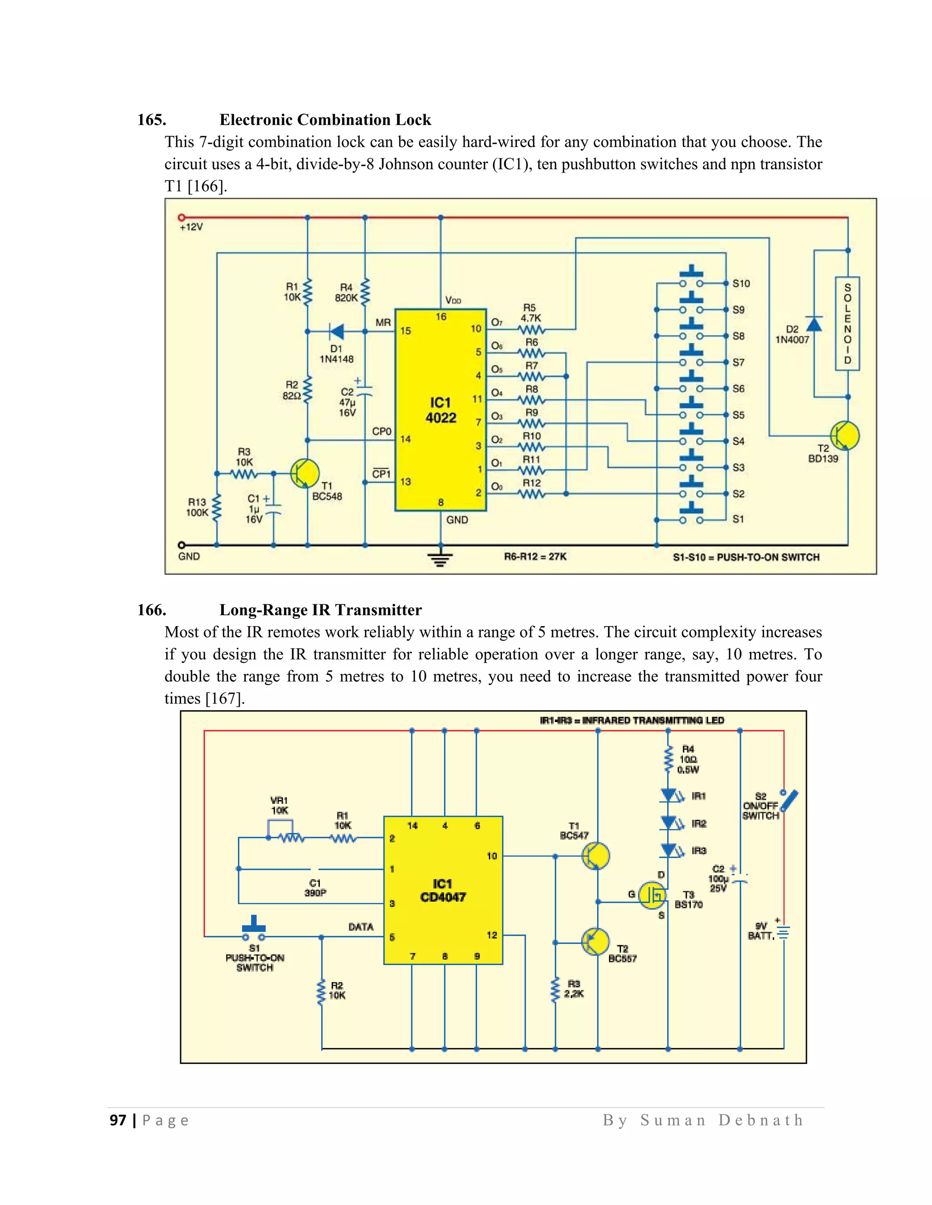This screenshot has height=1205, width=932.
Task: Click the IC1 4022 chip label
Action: (x=441, y=410)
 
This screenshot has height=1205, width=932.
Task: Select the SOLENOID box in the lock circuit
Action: (x=847, y=323)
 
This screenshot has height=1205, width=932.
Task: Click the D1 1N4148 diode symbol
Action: (x=336, y=331)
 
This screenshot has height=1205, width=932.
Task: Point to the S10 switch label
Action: (x=741, y=284)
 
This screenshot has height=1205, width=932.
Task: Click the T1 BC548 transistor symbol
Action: (x=305, y=473)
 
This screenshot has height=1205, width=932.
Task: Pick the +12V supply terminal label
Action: (x=191, y=227)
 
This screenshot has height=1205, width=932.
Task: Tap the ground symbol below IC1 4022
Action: (x=440, y=559)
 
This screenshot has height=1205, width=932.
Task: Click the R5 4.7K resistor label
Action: (x=530, y=313)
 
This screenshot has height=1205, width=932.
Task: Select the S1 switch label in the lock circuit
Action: (x=738, y=519)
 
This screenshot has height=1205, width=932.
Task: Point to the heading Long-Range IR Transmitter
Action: (x=320, y=610)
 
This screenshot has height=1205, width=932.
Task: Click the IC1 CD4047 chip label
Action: (x=442, y=890)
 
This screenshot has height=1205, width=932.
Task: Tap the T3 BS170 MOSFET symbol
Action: (x=653, y=895)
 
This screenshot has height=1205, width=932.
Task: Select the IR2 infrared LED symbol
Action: (x=670, y=823)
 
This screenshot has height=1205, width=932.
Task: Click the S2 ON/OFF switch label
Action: (x=760, y=806)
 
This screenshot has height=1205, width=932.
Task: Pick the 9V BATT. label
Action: (x=761, y=931)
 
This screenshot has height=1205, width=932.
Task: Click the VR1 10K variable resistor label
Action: (x=279, y=805)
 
